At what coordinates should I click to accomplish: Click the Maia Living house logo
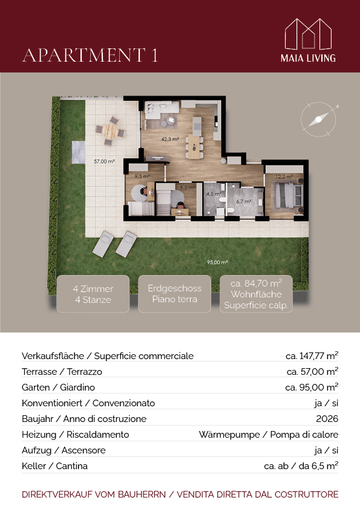(x=308, y=34)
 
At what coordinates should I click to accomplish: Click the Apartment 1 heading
(x=90, y=55)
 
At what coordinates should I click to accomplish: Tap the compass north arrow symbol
(x=318, y=119)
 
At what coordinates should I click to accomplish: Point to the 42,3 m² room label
(x=170, y=139)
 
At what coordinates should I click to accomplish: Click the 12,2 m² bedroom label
(x=284, y=177)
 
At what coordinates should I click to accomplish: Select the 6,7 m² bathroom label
(x=243, y=201)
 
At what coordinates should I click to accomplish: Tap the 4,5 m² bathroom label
(x=214, y=194)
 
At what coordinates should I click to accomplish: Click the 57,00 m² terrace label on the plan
(x=104, y=161)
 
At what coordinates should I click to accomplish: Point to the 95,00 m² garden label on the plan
(x=217, y=262)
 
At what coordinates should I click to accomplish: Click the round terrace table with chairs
(x=111, y=131)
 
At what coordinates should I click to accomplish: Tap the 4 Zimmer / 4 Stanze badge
(x=93, y=294)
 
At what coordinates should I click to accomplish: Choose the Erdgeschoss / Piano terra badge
(x=174, y=294)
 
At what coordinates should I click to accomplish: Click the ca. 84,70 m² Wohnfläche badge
(x=256, y=294)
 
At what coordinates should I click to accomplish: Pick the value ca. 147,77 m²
(x=312, y=356)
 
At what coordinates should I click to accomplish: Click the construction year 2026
(x=327, y=419)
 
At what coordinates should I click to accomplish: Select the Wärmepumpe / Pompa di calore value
(x=269, y=435)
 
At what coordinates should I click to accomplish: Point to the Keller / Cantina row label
(x=54, y=466)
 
